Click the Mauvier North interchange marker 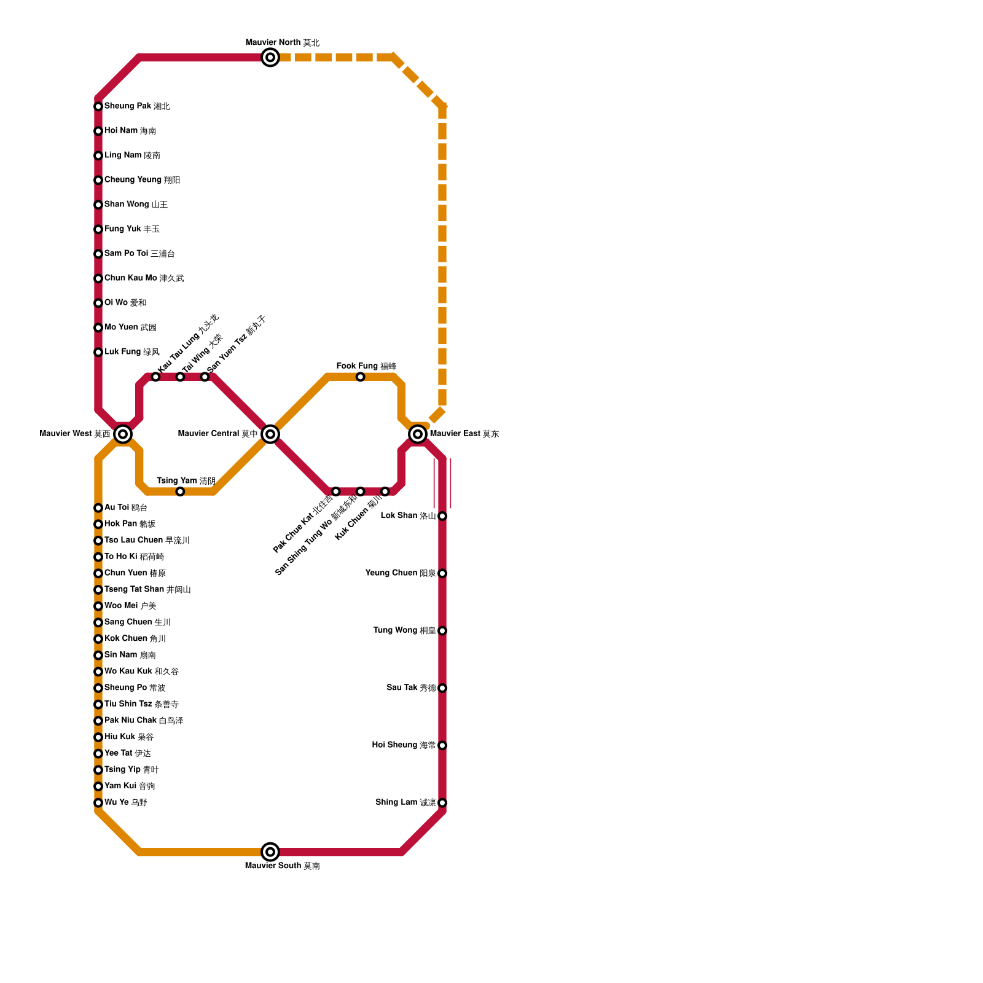pos(270,58)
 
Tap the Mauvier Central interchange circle pos(270,434)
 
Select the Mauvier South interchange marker pos(270,852)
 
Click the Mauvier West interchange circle pos(123,434)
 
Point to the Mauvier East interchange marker pos(418,434)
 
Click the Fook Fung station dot pos(361,377)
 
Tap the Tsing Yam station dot pos(180,491)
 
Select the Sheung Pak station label pos(137,106)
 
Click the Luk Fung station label pos(132,352)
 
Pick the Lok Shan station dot pos(442,516)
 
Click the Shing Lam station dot pos(442,803)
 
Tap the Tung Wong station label pos(404,630)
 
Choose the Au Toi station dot pos(98,508)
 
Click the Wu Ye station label pos(126,802)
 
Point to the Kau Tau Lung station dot pos(156,377)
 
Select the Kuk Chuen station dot pos(385,491)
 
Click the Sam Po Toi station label pos(139,254)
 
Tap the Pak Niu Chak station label pos(144,721)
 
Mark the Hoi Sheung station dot pos(442,745)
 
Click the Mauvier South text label pos(283,866)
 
